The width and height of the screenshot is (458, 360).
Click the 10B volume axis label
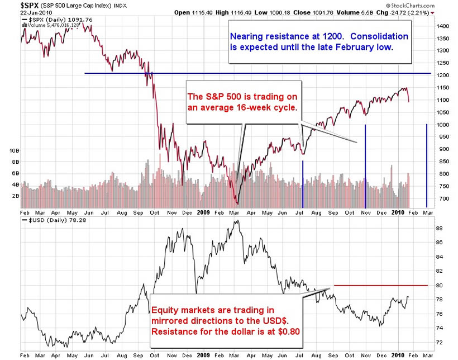tap(12, 151)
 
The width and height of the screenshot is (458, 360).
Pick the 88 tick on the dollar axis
tap(440, 228)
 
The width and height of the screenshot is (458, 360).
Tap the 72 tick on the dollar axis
tap(440, 342)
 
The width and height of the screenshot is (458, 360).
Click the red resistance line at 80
tap(380, 286)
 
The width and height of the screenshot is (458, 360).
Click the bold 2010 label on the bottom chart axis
tap(397, 355)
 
